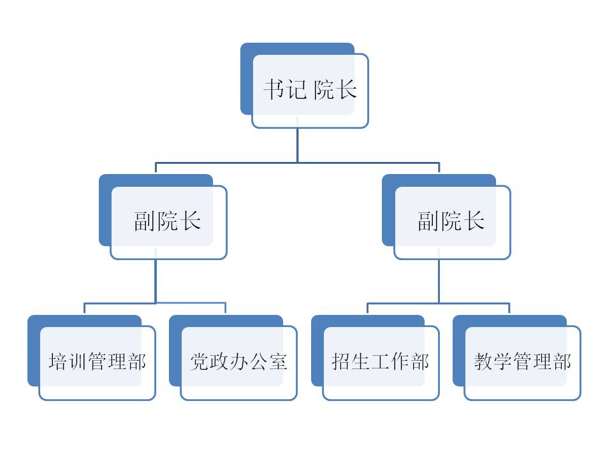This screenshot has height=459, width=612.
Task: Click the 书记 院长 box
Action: pos(310,91)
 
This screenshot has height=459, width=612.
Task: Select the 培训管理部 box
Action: pos(98,362)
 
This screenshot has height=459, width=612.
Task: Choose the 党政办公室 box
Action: pos(239,362)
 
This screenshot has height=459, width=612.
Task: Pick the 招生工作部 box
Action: pos(381,362)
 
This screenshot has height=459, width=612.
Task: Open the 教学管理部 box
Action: pos(522,362)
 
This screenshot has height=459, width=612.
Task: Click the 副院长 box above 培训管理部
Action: pos(168,221)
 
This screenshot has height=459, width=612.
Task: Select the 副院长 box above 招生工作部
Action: pos(452,221)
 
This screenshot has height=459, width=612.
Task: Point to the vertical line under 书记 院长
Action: pos(297,145)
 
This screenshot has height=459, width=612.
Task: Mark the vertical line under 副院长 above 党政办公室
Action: pos(156,280)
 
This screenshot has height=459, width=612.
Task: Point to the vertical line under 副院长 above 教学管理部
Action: pos(439,280)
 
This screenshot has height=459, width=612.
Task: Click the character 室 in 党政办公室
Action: pos(278,362)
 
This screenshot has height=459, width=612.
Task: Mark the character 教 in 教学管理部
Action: pos(483,362)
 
